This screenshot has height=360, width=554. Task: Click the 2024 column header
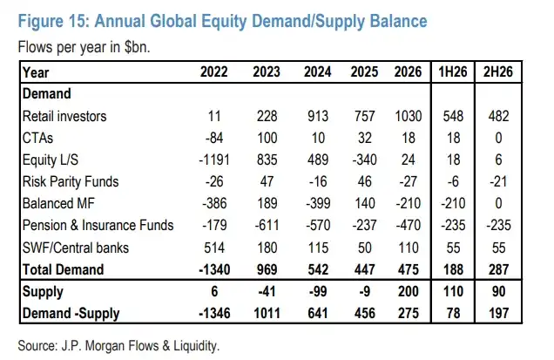(317, 71)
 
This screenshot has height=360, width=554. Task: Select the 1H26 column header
(453, 71)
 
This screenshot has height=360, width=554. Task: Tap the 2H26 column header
(498, 71)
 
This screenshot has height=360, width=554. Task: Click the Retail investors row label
(64, 116)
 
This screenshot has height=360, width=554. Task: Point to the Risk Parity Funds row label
(71, 181)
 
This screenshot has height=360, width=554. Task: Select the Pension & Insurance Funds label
(98, 225)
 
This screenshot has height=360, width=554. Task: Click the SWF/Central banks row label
(76, 248)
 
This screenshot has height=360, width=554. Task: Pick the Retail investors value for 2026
(408, 116)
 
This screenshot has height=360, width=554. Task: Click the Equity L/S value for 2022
(214, 160)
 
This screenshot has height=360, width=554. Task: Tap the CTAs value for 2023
(267, 138)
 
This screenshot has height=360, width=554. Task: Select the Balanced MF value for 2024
(318, 203)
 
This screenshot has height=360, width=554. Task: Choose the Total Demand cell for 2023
(267, 269)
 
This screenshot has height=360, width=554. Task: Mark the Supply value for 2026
(408, 291)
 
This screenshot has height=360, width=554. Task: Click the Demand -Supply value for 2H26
(498, 313)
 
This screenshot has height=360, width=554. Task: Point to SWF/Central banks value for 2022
(214, 248)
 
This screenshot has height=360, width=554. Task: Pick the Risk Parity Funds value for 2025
(365, 181)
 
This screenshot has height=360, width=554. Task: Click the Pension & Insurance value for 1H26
(453, 225)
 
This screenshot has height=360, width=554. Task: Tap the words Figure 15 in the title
(53, 21)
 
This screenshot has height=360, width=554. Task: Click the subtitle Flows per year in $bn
(84, 47)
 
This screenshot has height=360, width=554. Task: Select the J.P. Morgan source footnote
(118, 345)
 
